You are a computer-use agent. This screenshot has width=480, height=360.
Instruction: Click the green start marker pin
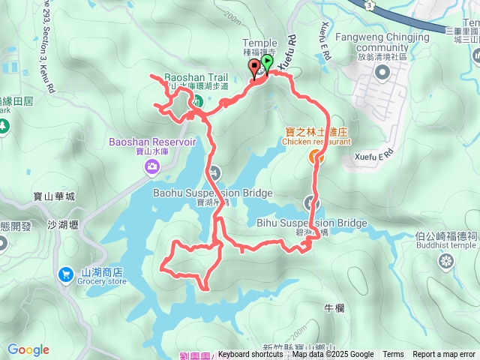coord(268,64)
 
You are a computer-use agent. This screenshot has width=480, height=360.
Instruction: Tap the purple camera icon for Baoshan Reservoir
coord(153,166)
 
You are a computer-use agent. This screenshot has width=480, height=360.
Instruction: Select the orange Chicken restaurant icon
coord(314,156)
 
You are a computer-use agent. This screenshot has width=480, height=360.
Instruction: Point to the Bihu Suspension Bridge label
coord(311,223)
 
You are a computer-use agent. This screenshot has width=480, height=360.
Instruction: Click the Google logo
coord(28,349)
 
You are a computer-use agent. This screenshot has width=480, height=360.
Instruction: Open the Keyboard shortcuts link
coord(250,355)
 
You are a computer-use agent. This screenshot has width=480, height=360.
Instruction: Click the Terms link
coord(393,355)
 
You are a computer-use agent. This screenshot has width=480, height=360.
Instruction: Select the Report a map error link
coord(444,355)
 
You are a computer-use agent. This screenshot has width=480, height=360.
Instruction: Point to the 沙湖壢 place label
coord(62,224)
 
